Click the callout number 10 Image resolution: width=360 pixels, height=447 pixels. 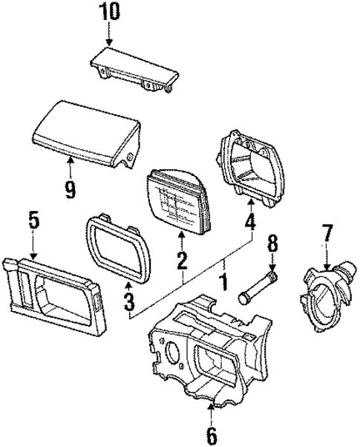109,13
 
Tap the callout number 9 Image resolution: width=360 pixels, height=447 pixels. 70,190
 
